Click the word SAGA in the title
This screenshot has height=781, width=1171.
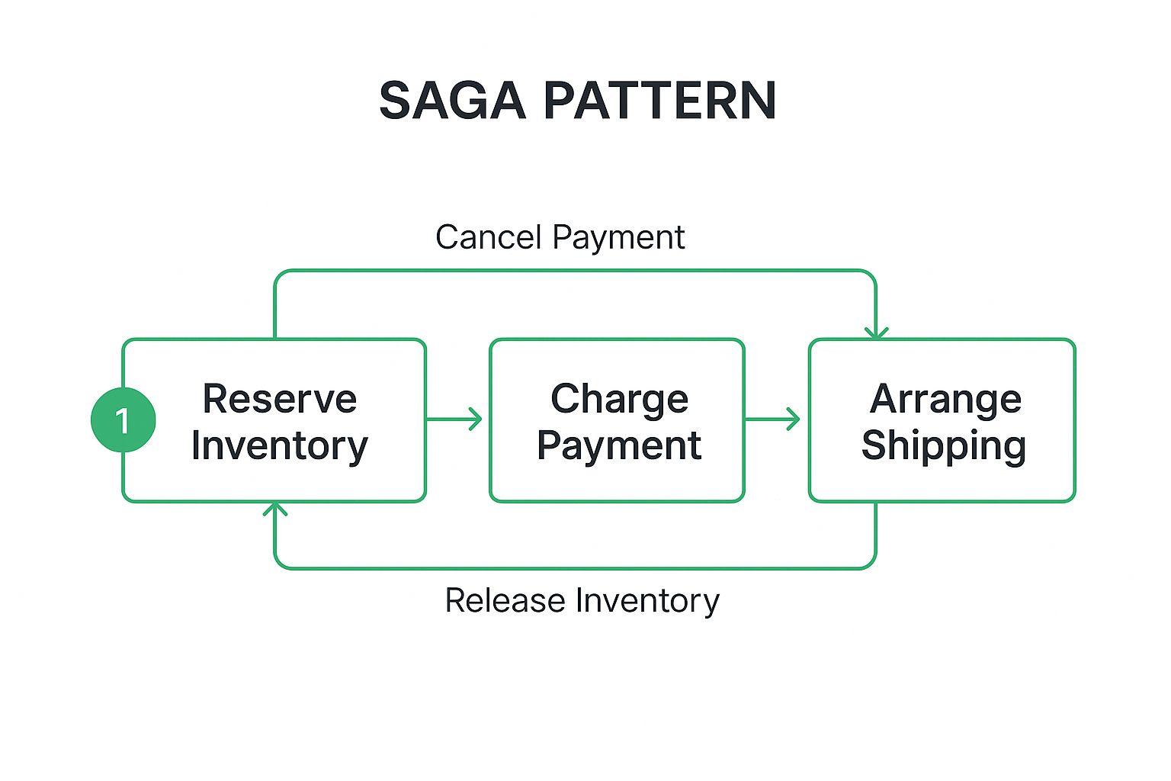tap(452, 101)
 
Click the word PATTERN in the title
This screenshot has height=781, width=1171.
tap(659, 101)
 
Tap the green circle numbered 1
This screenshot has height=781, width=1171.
tap(124, 420)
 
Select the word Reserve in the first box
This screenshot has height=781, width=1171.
tap(280, 399)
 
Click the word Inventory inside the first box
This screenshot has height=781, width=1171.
tap(280, 446)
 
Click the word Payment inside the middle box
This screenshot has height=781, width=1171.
tap(620, 447)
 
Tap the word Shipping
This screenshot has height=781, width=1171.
tap(944, 447)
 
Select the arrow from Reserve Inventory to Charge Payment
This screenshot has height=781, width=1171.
tap(454, 419)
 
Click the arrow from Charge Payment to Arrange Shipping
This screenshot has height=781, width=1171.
tap(772, 419)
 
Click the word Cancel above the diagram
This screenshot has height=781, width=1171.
tap(488, 237)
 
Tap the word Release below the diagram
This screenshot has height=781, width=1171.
tap(505, 600)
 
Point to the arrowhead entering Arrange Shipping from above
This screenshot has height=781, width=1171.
tap(876, 333)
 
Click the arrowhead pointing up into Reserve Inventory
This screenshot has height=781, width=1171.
tap(275, 509)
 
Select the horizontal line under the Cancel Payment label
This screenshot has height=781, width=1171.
tap(575, 271)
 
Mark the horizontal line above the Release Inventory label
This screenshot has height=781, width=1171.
tap(575, 568)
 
